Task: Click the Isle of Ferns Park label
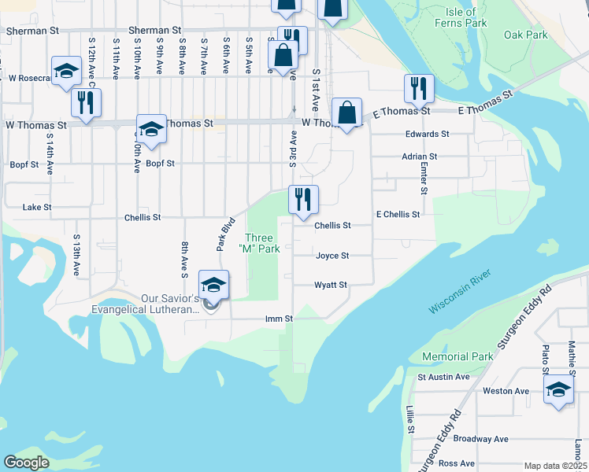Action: point(460,17)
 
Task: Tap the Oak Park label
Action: point(525,35)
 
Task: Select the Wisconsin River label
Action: point(460,291)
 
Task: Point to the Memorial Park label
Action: point(457,356)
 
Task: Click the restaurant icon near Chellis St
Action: point(303,201)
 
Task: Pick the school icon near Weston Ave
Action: point(558,389)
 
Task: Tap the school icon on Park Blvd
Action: point(213,285)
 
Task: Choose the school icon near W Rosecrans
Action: point(67,71)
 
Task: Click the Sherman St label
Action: point(32,31)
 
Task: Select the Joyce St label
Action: point(332,256)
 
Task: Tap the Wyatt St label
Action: point(331,285)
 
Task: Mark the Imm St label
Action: point(279,319)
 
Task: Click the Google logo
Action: point(26,463)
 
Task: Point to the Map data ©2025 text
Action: point(554,466)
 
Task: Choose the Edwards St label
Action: point(427,135)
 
